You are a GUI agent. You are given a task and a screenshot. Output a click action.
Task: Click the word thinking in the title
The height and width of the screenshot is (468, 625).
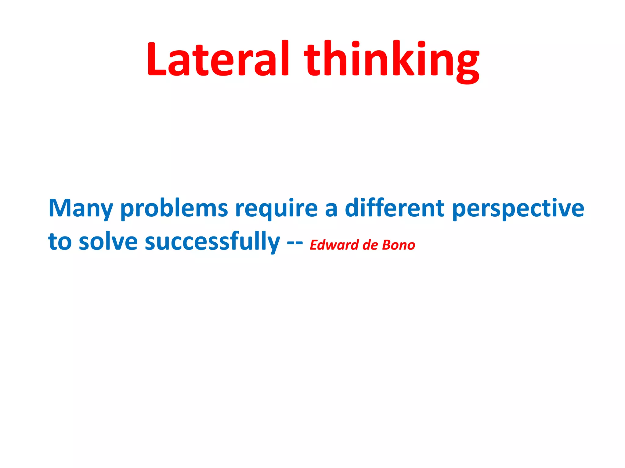pyautogui.click(x=392, y=61)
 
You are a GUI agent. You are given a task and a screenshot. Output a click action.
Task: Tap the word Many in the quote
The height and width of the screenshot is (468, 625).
pyautogui.click(x=81, y=209)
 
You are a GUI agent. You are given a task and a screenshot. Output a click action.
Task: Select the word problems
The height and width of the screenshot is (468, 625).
pyautogui.click(x=174, y=209)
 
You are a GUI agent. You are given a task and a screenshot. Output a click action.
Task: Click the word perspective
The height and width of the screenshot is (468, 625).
pyautogui.click(x=518, y=210)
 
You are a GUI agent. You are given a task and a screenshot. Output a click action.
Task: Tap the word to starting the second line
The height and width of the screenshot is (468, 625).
pyautogui.click(x=60, y=242)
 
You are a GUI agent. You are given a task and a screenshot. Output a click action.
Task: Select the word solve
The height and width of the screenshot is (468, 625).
pyautogui.click(x=108, y=241)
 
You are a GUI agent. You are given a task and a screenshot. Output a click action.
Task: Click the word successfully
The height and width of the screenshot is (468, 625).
pyautogui.click(x=212, y=242)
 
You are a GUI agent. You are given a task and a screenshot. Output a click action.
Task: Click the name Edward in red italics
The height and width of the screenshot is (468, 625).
pyautogui.click(x=334, y=245)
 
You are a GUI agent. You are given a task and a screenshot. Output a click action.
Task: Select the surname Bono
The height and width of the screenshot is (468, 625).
pyautogui.click(x=399, y=245)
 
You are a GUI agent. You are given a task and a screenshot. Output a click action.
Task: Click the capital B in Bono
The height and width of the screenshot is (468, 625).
pyautogui.click(x=387, y=245)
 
